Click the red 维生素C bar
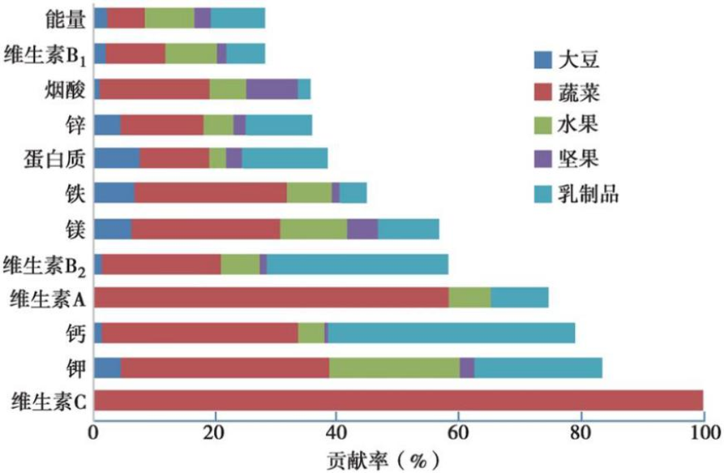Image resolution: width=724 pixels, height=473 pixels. tap(398, 401)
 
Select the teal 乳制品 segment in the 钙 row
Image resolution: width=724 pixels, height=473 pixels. tap(451, 333)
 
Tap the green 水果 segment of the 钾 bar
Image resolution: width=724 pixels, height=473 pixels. tap(394, 367)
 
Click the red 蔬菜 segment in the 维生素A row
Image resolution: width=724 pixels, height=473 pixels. tap(272, 299)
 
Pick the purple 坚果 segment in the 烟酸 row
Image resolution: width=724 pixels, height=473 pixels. tap(272, 89)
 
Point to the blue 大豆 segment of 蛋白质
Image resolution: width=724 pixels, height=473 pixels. tap(117, 158)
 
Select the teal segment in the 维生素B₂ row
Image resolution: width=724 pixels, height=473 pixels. tap(358, 264)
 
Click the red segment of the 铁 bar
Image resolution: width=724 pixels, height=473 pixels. tap(211, 192)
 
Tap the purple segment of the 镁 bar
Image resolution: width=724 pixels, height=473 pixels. tap(362, 229)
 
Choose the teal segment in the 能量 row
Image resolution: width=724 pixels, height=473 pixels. tap(238, 18)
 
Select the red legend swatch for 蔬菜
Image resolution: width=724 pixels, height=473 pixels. tap(542, 93)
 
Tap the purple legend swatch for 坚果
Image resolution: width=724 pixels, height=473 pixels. tap(542, 161)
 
